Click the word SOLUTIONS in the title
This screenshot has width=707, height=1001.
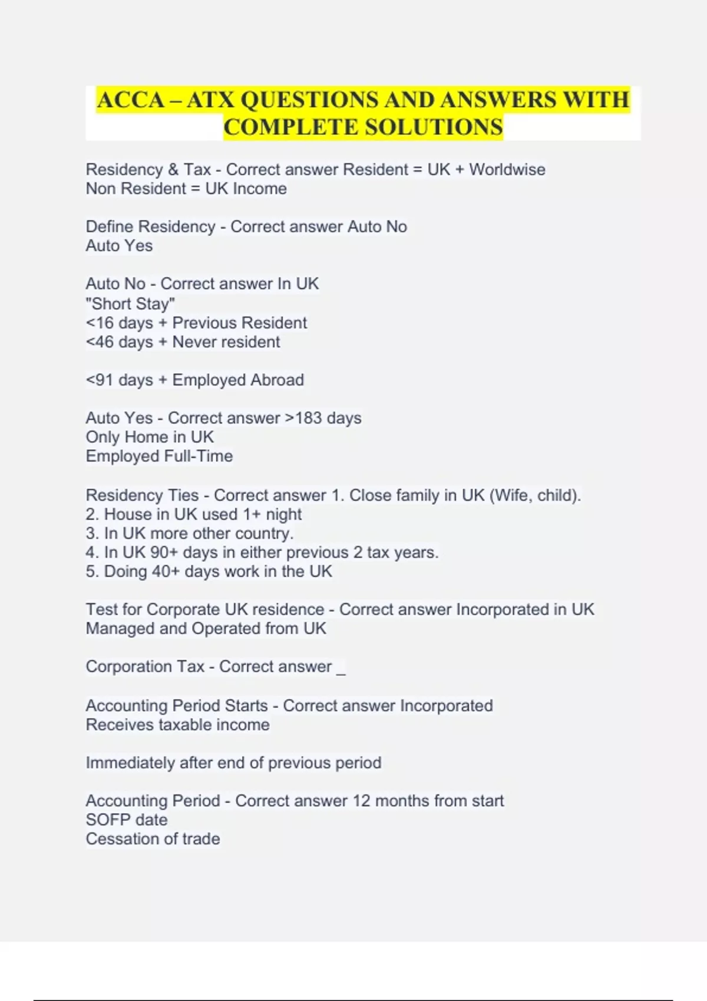[x=434, y=127]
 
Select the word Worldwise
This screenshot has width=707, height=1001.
[x=507, y=170]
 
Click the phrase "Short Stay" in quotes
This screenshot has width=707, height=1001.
[x=130, y=304]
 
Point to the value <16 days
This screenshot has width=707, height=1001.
[x=119, y=323]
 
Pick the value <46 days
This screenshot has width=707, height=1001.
[x=119, y=342]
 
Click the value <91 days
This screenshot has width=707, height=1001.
[x=119, y=380]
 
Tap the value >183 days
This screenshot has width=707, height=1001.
[x=323, y=418]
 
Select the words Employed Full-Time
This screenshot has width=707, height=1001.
[x=159, y=456]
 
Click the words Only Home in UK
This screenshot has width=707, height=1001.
[x=150, y=437]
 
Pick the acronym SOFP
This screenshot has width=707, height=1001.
[x=107, y=820]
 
